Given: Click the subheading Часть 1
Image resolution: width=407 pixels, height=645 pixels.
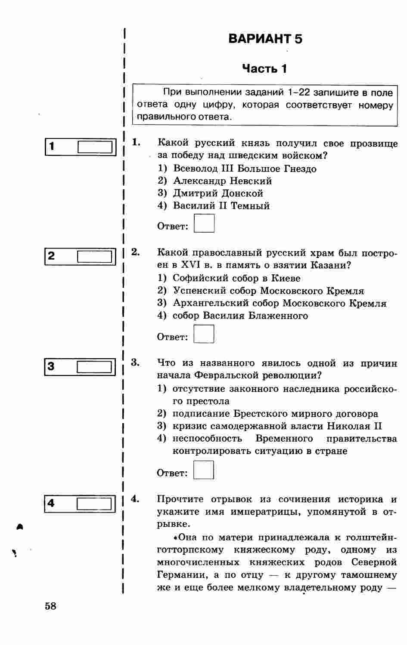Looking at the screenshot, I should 264,69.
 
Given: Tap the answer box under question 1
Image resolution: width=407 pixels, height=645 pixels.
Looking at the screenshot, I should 204,224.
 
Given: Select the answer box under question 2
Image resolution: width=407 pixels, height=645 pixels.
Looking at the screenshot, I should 204,334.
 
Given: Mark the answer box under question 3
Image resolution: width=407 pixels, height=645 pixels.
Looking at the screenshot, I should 204,470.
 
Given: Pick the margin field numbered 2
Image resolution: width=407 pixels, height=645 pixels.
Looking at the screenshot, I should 96,257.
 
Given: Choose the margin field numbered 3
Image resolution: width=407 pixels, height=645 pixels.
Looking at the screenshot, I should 95,367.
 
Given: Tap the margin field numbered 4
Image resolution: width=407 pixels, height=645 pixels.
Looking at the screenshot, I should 95,504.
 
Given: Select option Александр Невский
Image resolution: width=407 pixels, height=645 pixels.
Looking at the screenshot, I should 222,181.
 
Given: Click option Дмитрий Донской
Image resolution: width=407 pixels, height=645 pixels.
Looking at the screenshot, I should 218,193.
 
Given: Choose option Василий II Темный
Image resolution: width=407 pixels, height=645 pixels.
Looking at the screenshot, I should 221,206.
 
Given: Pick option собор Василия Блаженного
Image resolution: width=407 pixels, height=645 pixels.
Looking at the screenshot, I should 240,316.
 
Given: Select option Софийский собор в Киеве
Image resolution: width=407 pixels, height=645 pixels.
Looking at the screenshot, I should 236,278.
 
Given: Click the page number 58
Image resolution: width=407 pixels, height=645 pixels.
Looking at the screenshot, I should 50,606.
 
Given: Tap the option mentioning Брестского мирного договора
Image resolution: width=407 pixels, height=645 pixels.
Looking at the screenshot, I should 275,414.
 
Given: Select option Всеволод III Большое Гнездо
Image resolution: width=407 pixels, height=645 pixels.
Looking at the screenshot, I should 245,169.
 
